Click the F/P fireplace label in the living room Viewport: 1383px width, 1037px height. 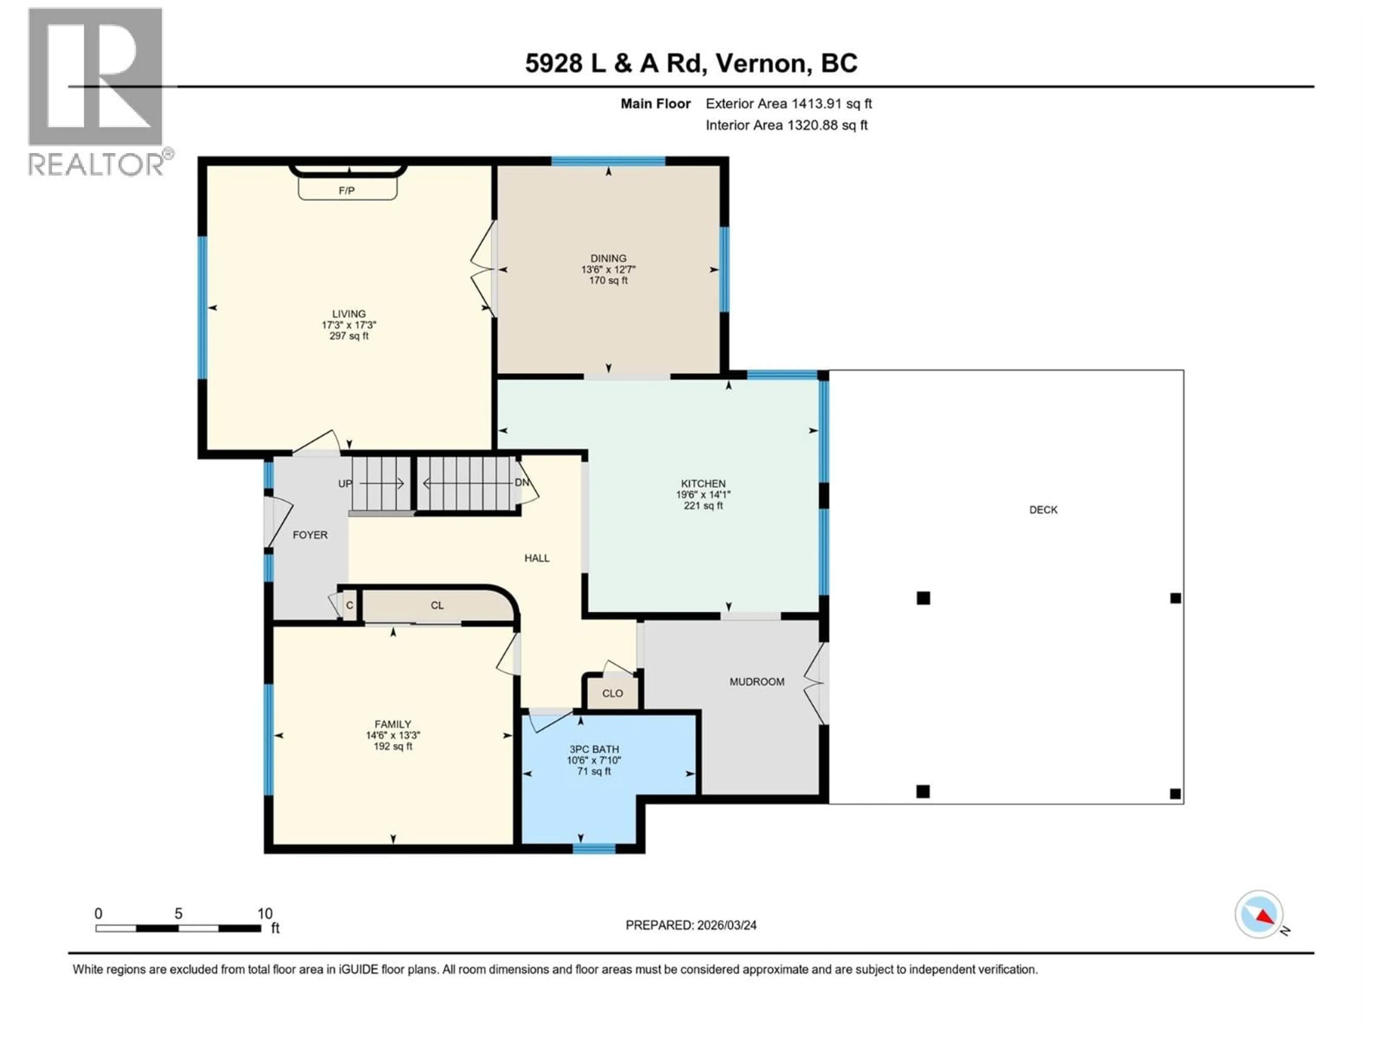346,190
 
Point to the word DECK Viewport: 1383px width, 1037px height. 1043,510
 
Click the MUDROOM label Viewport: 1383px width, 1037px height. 757,682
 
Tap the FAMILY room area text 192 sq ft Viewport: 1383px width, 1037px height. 393,746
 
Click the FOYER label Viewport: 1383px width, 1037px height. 310,535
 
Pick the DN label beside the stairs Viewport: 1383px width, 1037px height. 522,482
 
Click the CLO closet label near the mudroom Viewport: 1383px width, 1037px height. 612,693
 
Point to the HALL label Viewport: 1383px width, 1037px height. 536,558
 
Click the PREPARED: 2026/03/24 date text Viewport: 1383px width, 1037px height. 691,925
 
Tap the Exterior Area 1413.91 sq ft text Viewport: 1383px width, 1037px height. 788,104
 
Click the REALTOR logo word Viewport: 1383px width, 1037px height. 97,165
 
